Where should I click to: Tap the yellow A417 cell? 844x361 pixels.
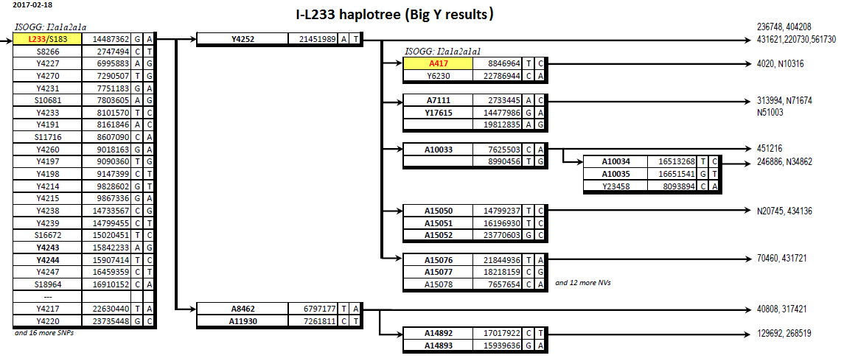(438, 64)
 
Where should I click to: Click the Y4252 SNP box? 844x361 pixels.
(243, 39)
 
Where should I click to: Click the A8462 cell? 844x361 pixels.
(243, 309)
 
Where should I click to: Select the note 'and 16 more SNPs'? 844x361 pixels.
(44, 333)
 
